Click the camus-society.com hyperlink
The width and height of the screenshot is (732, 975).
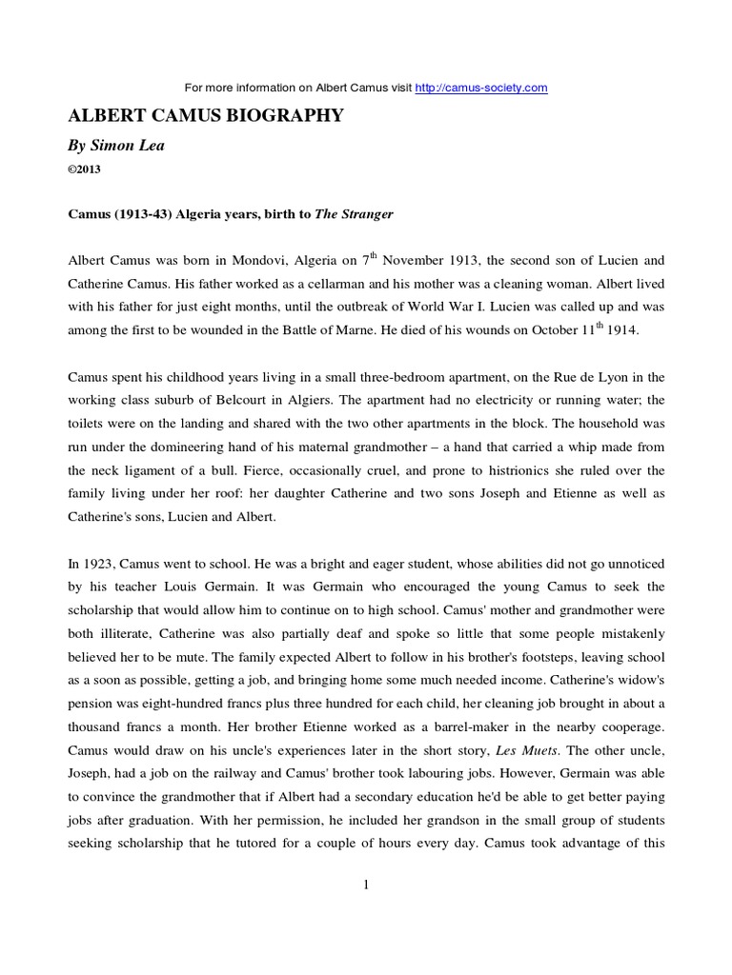tap(481, 88)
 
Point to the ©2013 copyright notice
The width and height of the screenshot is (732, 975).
tap(84, 169)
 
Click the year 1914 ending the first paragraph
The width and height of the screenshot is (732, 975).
tap(627, 331)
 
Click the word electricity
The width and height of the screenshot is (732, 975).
tap(481, 401)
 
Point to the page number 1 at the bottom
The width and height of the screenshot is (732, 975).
tap(366, 885)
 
